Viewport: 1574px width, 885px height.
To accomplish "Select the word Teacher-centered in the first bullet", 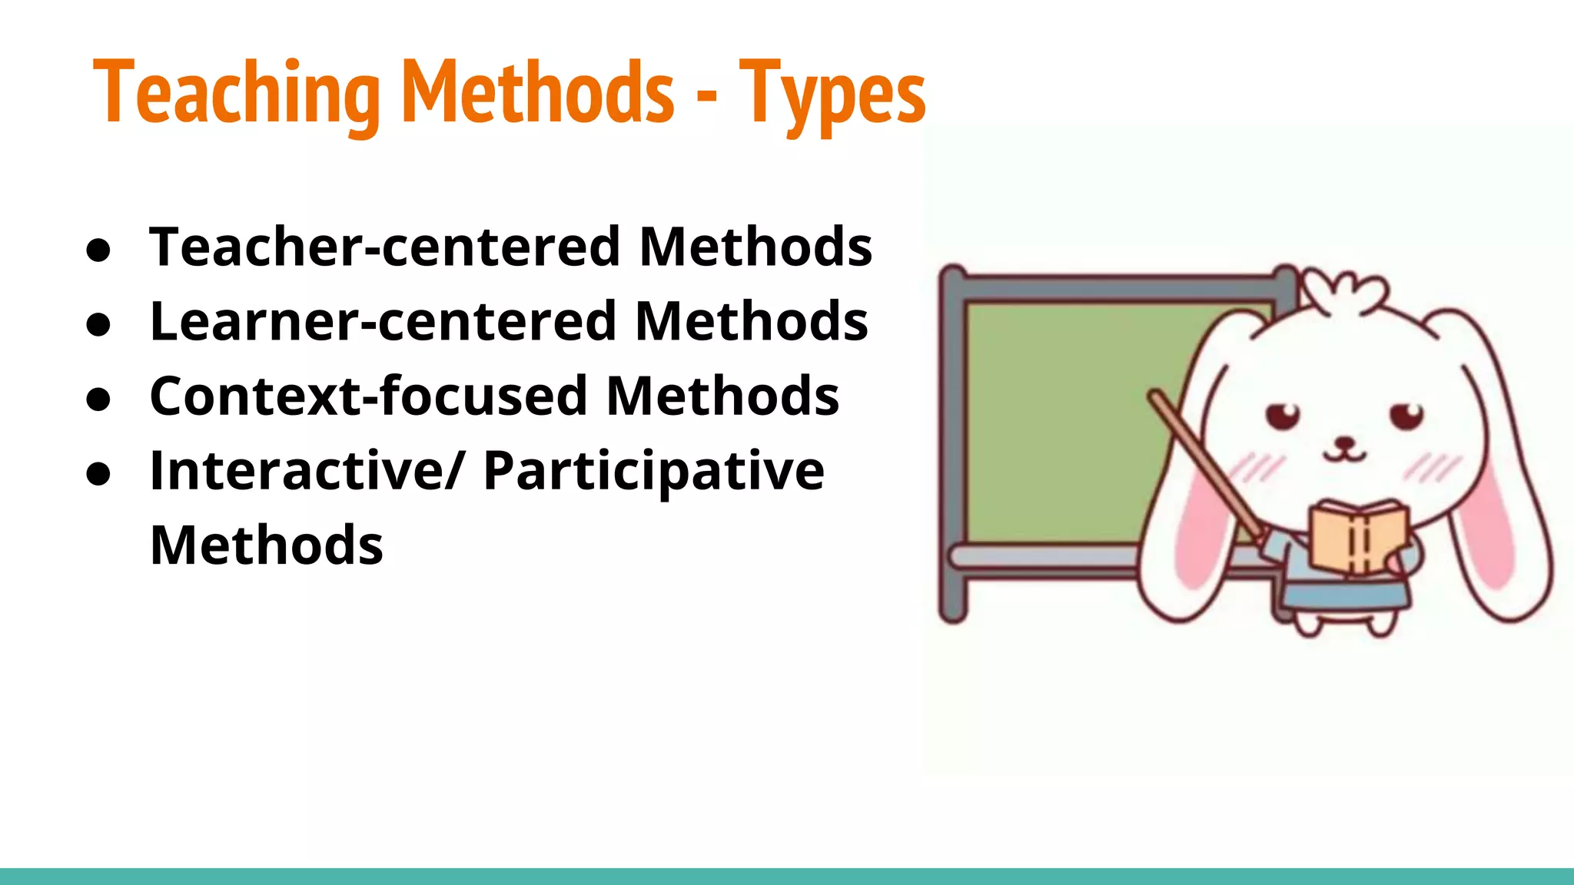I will pos(385,247).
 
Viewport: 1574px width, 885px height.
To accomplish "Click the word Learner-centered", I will pos(383,321).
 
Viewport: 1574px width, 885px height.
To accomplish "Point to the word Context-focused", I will pos(368,396).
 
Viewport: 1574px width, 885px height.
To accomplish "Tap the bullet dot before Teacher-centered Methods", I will pos(99,251).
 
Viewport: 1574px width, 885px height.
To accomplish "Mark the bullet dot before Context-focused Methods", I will pos(99,400).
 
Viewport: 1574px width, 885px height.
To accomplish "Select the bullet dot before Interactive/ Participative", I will pos(99,475).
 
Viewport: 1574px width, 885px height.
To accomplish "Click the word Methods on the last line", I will pos(266,545).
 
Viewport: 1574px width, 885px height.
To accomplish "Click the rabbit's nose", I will pos(1344,442).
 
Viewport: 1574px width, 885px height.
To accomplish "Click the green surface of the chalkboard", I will pos(1061,423).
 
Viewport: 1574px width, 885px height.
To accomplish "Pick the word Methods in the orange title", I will pos(538,94).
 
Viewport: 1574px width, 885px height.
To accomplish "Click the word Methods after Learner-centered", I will pos(751,321).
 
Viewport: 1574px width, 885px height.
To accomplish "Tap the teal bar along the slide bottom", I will pos(787,876).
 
